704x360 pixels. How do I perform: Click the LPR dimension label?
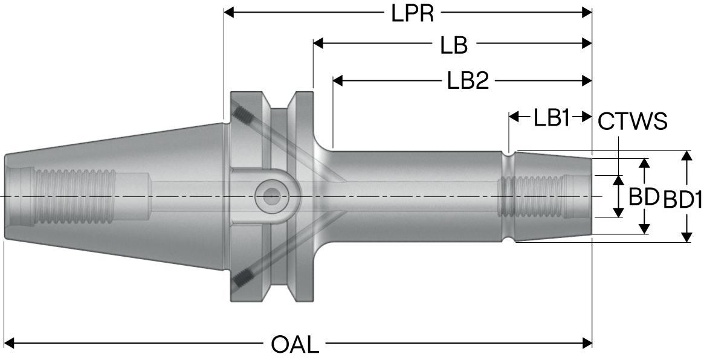click(x=413, y=13)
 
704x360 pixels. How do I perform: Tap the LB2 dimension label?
click(x=468, y=81)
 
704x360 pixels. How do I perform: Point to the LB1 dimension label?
click(x=551, y=118)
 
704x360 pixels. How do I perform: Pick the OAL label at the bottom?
click(x=295, y=345)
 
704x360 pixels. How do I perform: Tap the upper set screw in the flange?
click(x=243, y=114)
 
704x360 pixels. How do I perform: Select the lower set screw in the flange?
click(x=243, y=278)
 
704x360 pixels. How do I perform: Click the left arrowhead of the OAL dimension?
click(x=8, y=344)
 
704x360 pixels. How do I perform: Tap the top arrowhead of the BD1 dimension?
click(x=686, y=155)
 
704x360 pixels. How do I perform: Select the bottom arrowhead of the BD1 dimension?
click(x=686, y=237)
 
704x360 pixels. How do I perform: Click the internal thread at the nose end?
click(x=532, y=196)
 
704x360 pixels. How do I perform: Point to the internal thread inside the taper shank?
click(x=73, y=196)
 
